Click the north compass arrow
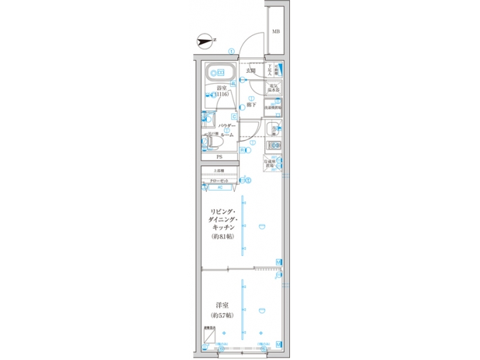[x=205, y=43]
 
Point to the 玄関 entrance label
[x=251, y=70]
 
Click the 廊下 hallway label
[x=251, y=105]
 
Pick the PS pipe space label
[x=219, y=157]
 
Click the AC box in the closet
[x=220, y=187]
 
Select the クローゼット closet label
[x=220, y=180]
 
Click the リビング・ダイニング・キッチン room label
[x=220, y=219]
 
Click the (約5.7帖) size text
[x=221, y=315]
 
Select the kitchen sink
[x=274, y=129]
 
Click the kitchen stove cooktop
[x=274, y=145]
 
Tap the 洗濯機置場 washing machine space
[x=274, y=106]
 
